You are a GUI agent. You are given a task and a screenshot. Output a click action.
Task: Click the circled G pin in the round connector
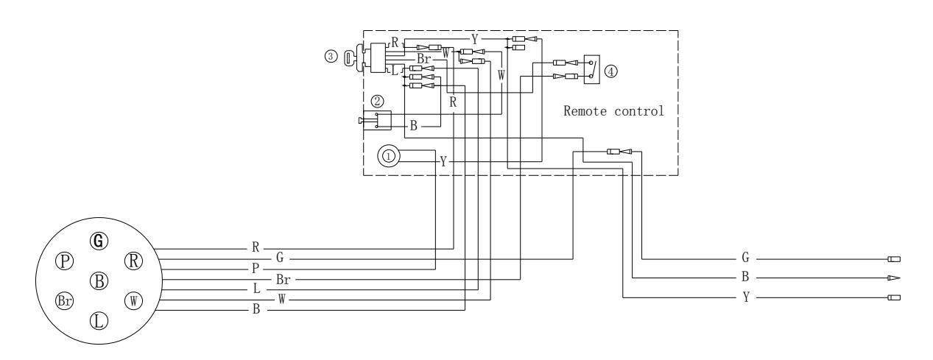click(98, 240)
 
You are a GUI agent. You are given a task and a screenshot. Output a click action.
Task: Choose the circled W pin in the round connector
click(133, 300)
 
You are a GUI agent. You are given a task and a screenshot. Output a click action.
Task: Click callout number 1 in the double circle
click(389, 155)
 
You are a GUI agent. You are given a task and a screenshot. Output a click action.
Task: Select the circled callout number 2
click(376, 101)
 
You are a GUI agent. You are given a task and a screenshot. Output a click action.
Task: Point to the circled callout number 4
click(610, 71)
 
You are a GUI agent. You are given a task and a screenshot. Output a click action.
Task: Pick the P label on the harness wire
click(255, 269)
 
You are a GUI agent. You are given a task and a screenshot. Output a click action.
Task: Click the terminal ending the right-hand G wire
click(895, 259)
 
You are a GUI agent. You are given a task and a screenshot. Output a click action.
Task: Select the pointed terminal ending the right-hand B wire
click(894, 278)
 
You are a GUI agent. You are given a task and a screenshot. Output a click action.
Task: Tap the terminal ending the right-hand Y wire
click(895, 297)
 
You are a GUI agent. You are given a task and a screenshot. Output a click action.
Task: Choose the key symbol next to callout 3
click(351, 57)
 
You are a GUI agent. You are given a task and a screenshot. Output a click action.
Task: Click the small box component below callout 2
click(382, 120)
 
